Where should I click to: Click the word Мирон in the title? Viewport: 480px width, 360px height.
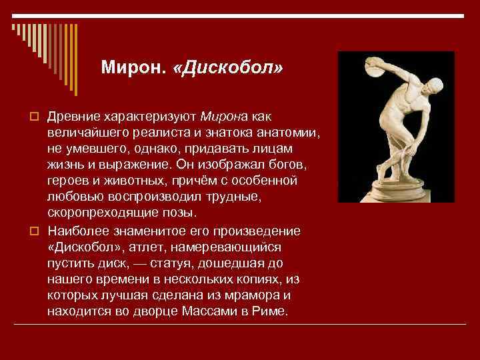tap(131, 67)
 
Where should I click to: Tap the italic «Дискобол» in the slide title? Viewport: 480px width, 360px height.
tap(228, 67)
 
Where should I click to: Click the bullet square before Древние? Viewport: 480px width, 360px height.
tap(34, 117)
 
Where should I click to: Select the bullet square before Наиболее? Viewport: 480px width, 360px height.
tap(34, 231)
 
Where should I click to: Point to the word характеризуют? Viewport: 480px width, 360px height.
tap(150, 117)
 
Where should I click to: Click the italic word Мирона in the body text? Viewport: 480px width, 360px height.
tap(224, 117)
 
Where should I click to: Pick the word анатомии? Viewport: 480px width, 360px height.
tap(288, 133)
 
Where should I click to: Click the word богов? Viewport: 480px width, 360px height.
tap(288, 165)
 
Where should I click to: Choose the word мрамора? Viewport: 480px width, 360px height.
tap(252, 296)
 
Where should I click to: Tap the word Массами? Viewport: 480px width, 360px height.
tap(210, 311)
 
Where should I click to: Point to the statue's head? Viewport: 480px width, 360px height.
tap(435, 85)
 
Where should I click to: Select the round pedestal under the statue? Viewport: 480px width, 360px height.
tap(397, 191)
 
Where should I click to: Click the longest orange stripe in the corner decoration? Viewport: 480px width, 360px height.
tap(76, 60)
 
